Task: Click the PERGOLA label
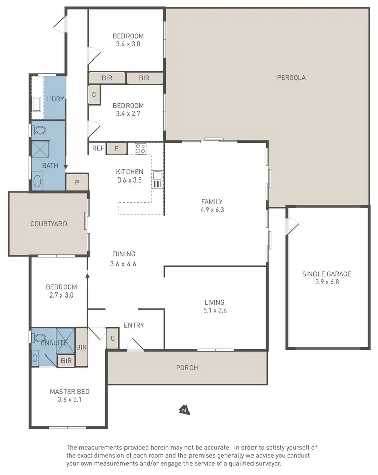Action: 291,78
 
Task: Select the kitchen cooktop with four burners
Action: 140,149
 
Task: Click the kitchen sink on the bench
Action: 157,179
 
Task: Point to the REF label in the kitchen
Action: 98,148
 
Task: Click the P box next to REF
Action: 116,148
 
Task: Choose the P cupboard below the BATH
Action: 77,183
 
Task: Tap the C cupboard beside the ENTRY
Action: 112,338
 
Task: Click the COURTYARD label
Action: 48,224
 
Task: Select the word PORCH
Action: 187,368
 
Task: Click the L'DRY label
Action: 55,99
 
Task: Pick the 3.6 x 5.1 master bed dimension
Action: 70,400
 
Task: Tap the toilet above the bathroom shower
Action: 39,130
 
